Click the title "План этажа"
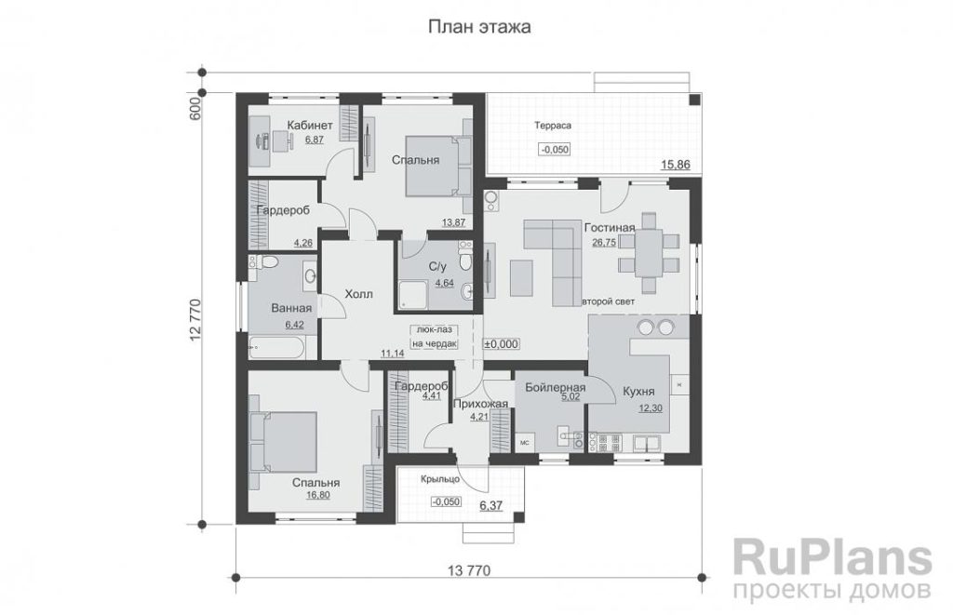(479, 27)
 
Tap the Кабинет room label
(310, 126)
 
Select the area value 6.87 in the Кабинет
(315, 140)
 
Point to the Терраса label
(553, 126)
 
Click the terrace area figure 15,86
(676, 165)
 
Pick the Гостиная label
(610, 228)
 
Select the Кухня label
(638, 392)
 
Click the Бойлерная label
(556, 388)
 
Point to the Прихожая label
(480, 404)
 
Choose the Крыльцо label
(440, 479)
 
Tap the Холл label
(358, 294)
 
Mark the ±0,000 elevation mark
(502, 344)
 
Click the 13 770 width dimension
(469, 570)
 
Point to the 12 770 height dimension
(195, 321)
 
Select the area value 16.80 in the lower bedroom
(319, 495)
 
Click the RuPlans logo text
(832, 556)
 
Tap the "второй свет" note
(609, 301)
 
